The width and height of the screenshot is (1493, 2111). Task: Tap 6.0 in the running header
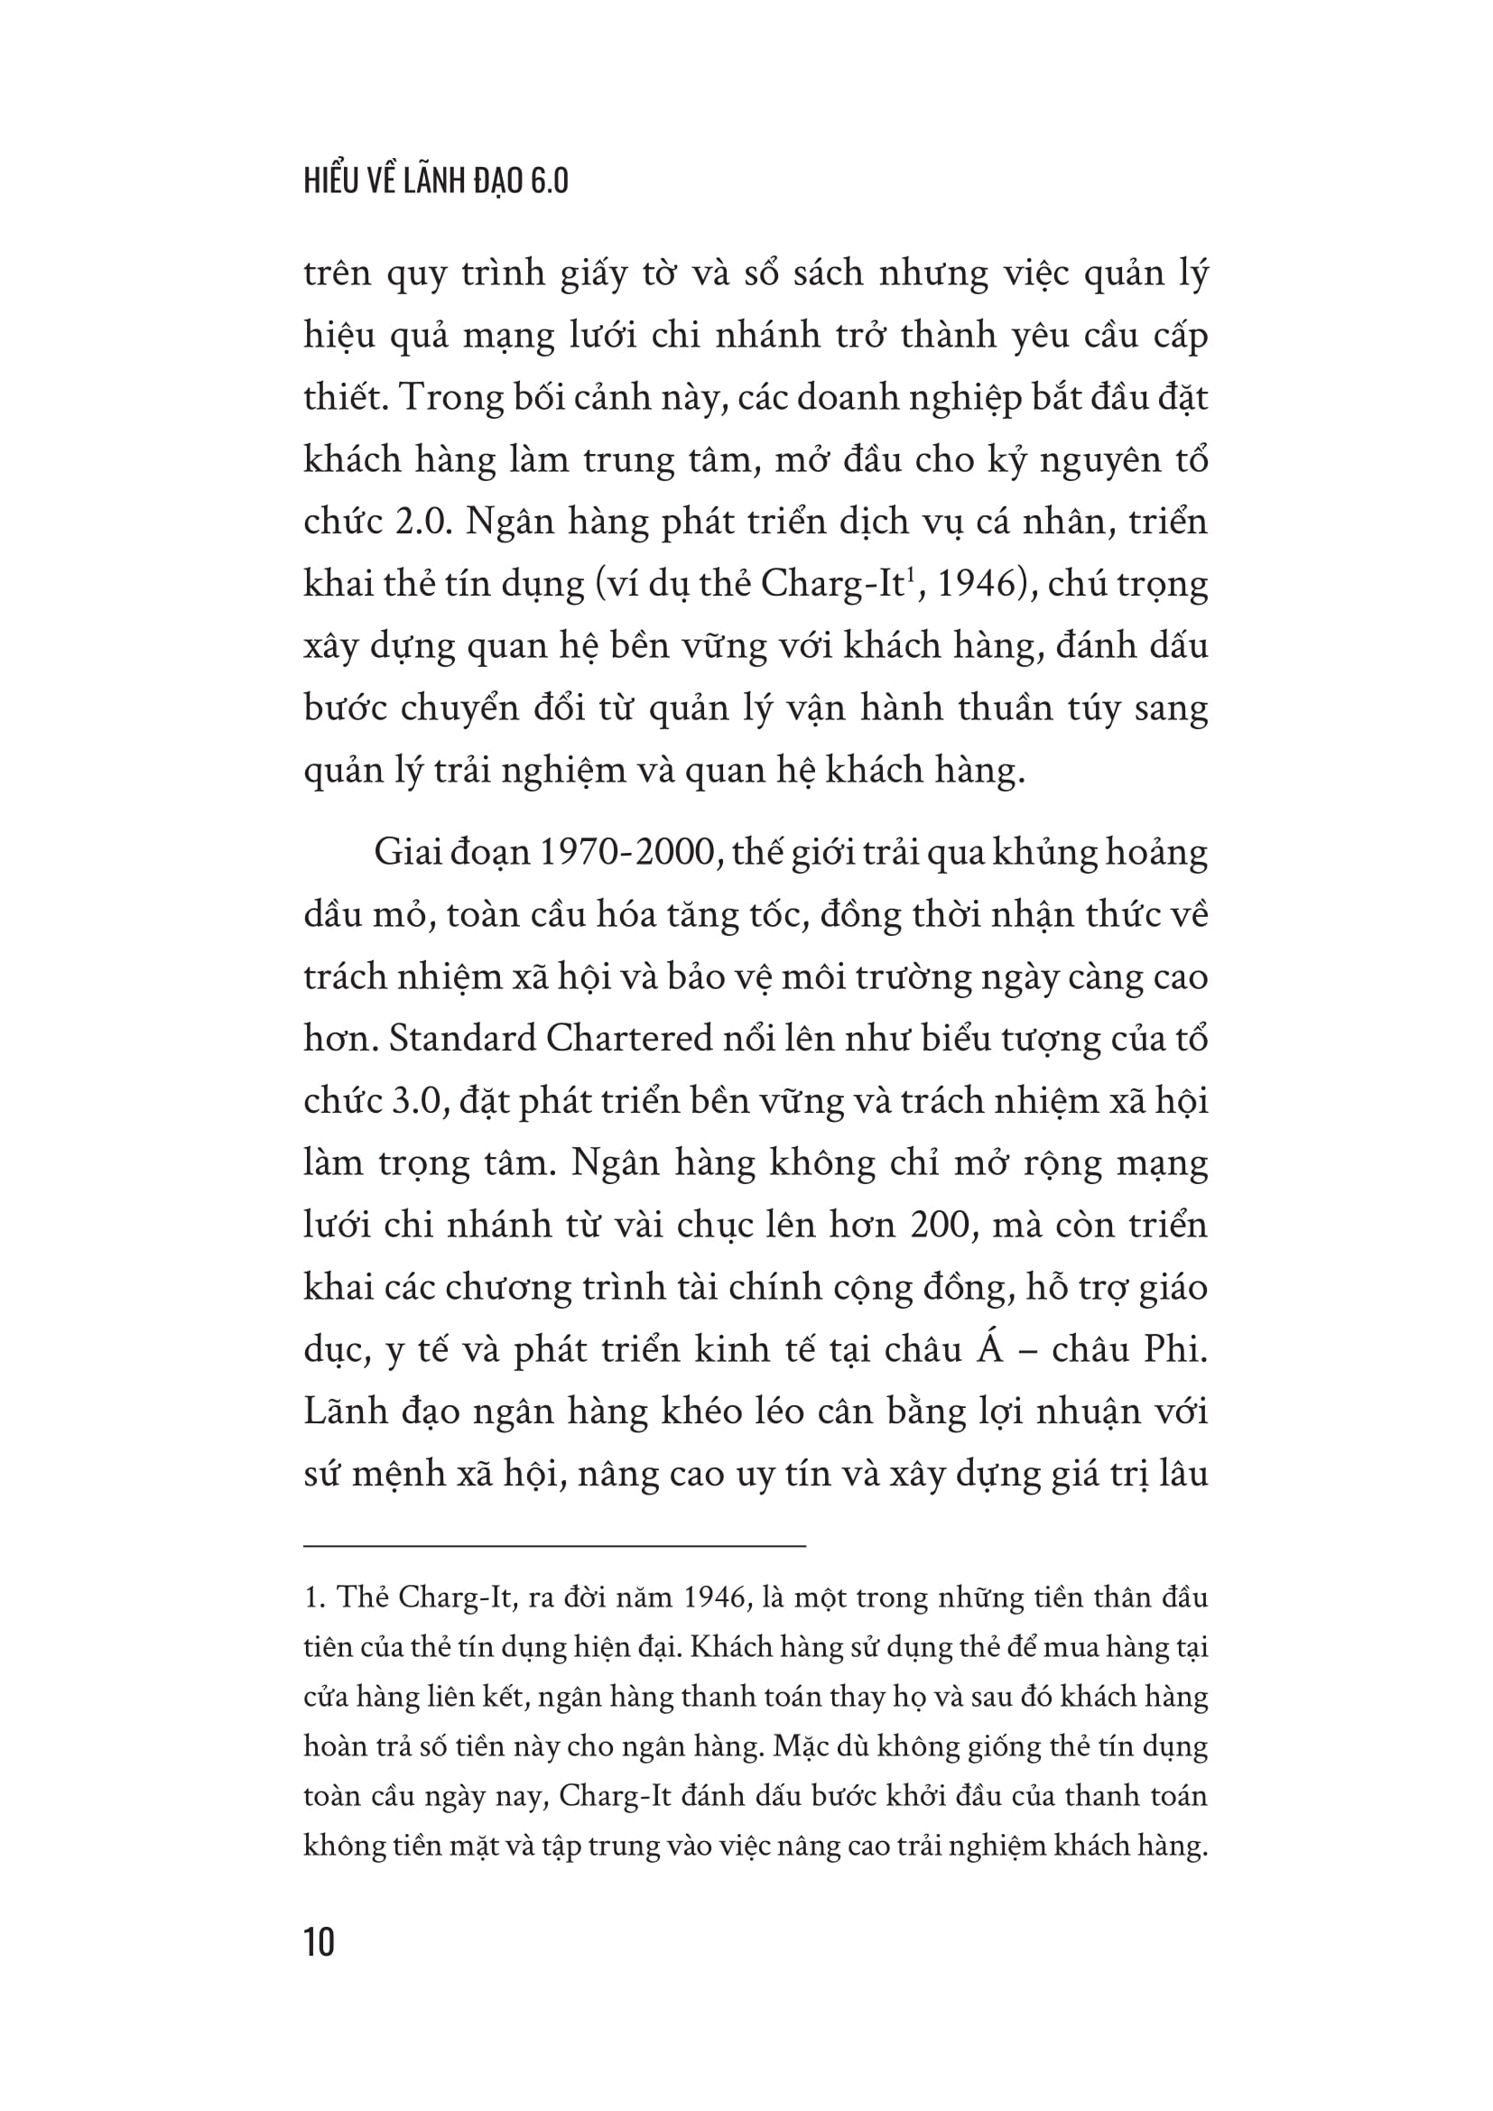pos(549,181)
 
